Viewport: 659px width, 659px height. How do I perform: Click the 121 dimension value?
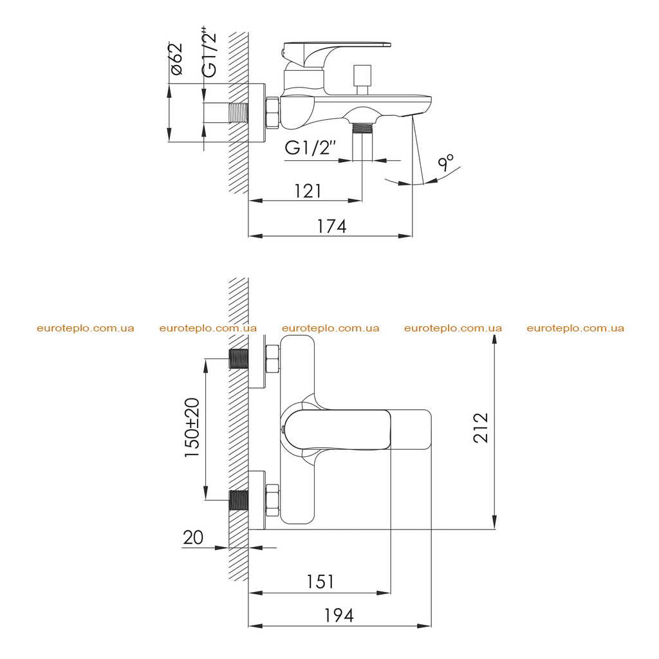308,191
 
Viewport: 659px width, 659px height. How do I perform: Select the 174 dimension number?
331,227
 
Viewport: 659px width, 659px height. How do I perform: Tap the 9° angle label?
446,162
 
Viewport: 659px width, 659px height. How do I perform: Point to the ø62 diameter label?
176,59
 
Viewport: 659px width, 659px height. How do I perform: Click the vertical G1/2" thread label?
210,53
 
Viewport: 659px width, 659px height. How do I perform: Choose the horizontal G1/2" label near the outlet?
311,148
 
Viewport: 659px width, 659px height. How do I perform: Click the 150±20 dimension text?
192,427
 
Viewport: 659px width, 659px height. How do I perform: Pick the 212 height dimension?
481,427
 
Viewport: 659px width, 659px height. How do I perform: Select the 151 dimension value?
320,582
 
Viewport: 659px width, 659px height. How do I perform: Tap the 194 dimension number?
339,615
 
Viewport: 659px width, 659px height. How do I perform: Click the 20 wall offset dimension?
193,537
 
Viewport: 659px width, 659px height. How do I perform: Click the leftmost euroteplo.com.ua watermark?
86,328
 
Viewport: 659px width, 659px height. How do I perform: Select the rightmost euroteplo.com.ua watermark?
575,328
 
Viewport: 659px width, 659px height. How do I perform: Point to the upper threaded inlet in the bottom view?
239,358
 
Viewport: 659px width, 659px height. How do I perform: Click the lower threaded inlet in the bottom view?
239,500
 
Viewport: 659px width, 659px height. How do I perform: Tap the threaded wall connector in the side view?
239,113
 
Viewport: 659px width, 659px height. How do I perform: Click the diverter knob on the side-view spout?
362,80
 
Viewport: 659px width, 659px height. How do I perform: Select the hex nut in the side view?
272,112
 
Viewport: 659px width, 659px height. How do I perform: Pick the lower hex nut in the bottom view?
272,500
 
